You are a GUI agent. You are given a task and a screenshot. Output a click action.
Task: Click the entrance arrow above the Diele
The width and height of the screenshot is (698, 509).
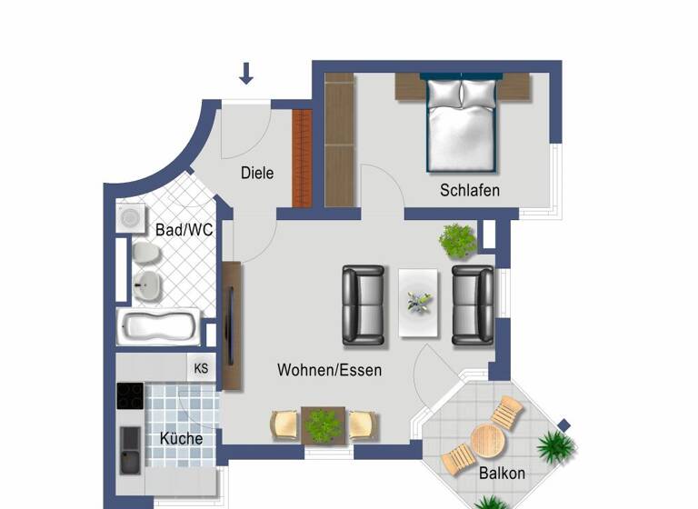pyautogui.click(x=246, y=74)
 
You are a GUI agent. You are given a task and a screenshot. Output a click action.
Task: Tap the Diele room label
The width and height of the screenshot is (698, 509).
pyautogui.click(x=257, y=173)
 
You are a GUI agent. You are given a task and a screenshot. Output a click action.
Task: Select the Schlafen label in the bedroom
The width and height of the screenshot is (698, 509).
pyautogui.click(x=470, y=190)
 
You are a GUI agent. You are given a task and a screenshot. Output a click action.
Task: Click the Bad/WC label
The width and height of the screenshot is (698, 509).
pyautogui.click(x=184, y=231)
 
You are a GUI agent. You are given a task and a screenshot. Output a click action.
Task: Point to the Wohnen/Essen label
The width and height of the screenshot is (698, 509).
pyautogui.click(x=329, y=370)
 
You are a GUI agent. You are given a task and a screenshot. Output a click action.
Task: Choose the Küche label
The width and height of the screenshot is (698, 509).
pyautogui.click(x=181, y=438)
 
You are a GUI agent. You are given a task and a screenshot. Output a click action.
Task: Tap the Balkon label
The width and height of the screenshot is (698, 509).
pyautogui.click(x=502, y=474)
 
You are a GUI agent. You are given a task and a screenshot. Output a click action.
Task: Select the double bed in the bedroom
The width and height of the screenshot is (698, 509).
pyautogui.click(x=462, y=125)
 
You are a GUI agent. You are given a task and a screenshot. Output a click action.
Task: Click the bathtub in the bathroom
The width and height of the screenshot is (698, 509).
pyautogui.click(x=159, y=326)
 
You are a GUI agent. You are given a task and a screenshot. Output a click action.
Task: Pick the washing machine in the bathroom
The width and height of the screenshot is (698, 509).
pyautogui.click(x=132, y=218)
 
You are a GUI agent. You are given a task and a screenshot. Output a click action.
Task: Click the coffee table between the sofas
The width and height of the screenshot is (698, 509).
pyautogui.click(x=419, y=303)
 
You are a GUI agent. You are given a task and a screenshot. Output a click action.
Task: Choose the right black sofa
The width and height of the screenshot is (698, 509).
pyautogui.click(x=473, y=304)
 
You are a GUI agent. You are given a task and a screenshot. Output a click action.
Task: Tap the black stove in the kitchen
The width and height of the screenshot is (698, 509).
pyautogui.click(x=131, y=397)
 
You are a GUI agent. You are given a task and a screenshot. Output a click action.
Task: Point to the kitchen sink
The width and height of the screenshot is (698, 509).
pyautogui.click(x=131, y=449)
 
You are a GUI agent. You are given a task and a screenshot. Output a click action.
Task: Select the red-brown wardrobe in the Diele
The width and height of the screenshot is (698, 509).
pyautogui.click(x=302, y=158)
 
